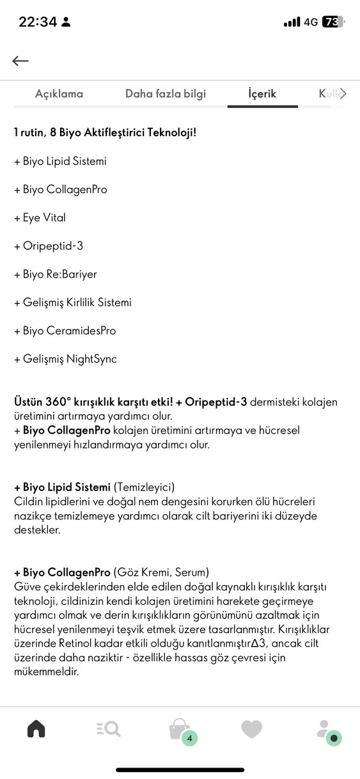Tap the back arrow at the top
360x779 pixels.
pos(20,61)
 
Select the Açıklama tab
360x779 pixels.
pos(59,94)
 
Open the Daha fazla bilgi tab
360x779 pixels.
pos(166,94)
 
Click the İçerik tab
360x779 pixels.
pos(262,94)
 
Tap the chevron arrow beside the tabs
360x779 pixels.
pos(343,94)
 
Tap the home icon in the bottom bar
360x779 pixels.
pos(36,728)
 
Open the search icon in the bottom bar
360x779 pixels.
pos(108,728)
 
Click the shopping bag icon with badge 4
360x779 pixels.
pos(180,730)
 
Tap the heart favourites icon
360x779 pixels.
pos(251,728)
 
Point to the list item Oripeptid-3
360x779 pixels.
pos(48,246)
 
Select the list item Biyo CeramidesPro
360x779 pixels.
pos(65,331)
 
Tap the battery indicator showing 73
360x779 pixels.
pos(333,22)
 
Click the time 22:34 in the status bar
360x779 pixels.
pos(38,22)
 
